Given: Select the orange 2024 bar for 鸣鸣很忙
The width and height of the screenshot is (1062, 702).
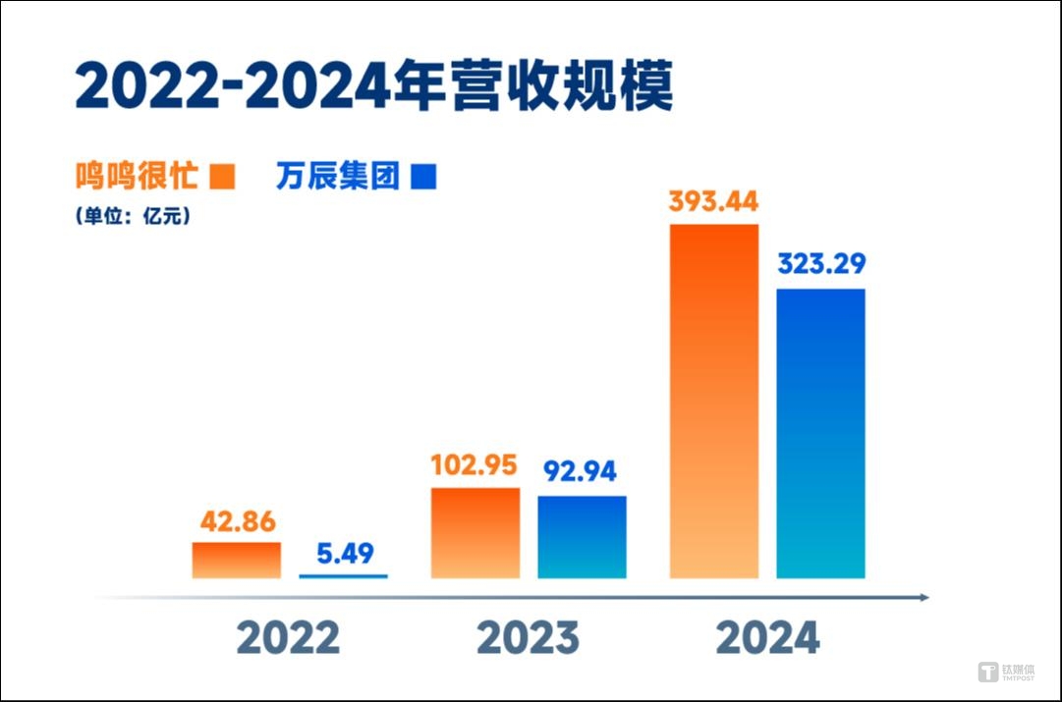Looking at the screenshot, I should (713, 401).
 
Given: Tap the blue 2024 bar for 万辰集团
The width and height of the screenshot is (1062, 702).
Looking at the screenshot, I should (820, 433).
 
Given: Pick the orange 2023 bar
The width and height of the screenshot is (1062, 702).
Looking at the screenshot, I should (475, 532).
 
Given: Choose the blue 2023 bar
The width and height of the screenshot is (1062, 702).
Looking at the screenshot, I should (582, 536).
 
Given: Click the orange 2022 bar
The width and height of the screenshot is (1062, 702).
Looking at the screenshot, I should (236, 560).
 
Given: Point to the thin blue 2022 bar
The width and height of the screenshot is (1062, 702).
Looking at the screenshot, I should (343, 576).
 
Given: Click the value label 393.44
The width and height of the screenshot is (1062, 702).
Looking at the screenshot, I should (713, 202).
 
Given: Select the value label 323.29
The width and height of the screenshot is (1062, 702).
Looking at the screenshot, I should (821, 265).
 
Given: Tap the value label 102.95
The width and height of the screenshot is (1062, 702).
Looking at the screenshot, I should (475, 465).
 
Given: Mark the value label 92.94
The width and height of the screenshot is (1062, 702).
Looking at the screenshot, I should (580, 472).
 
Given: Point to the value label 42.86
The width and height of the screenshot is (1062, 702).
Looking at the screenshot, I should (237, 521).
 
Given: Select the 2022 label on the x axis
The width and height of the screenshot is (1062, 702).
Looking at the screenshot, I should (288, 638).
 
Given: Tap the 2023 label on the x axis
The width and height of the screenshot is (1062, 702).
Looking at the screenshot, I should (528, 638).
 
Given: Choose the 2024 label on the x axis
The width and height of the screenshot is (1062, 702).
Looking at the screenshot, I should (767, 638).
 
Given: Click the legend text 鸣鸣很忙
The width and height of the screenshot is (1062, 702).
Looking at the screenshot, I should (138, 177).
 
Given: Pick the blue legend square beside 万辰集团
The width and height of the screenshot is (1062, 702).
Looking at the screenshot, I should (423, 178).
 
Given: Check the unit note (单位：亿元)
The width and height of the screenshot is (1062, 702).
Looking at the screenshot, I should (132, 217).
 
